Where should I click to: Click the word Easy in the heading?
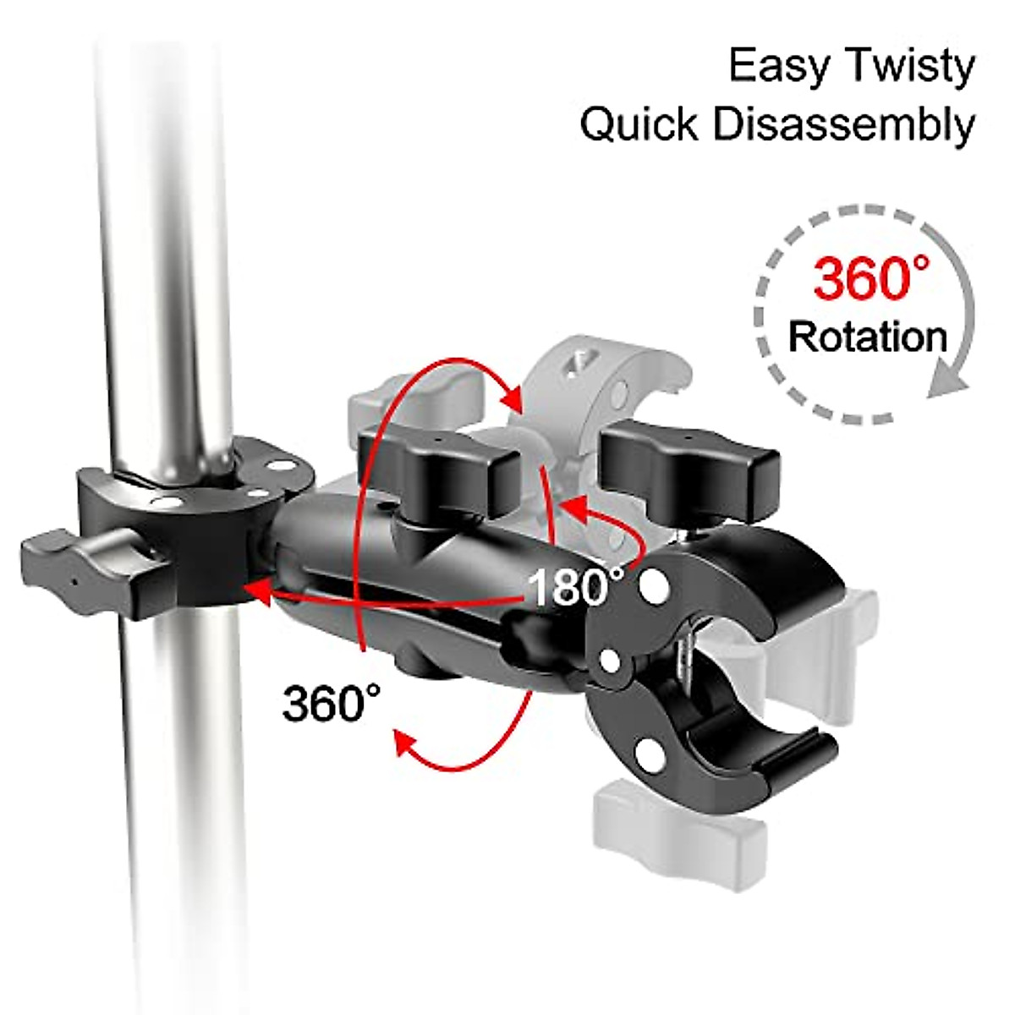pos(776,68)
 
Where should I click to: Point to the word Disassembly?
pos(843,126)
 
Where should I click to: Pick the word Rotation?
pos(868,337)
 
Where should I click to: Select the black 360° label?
pos(332,701)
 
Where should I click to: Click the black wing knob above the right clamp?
pos(689,461)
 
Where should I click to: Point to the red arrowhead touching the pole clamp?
pos(256,592)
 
